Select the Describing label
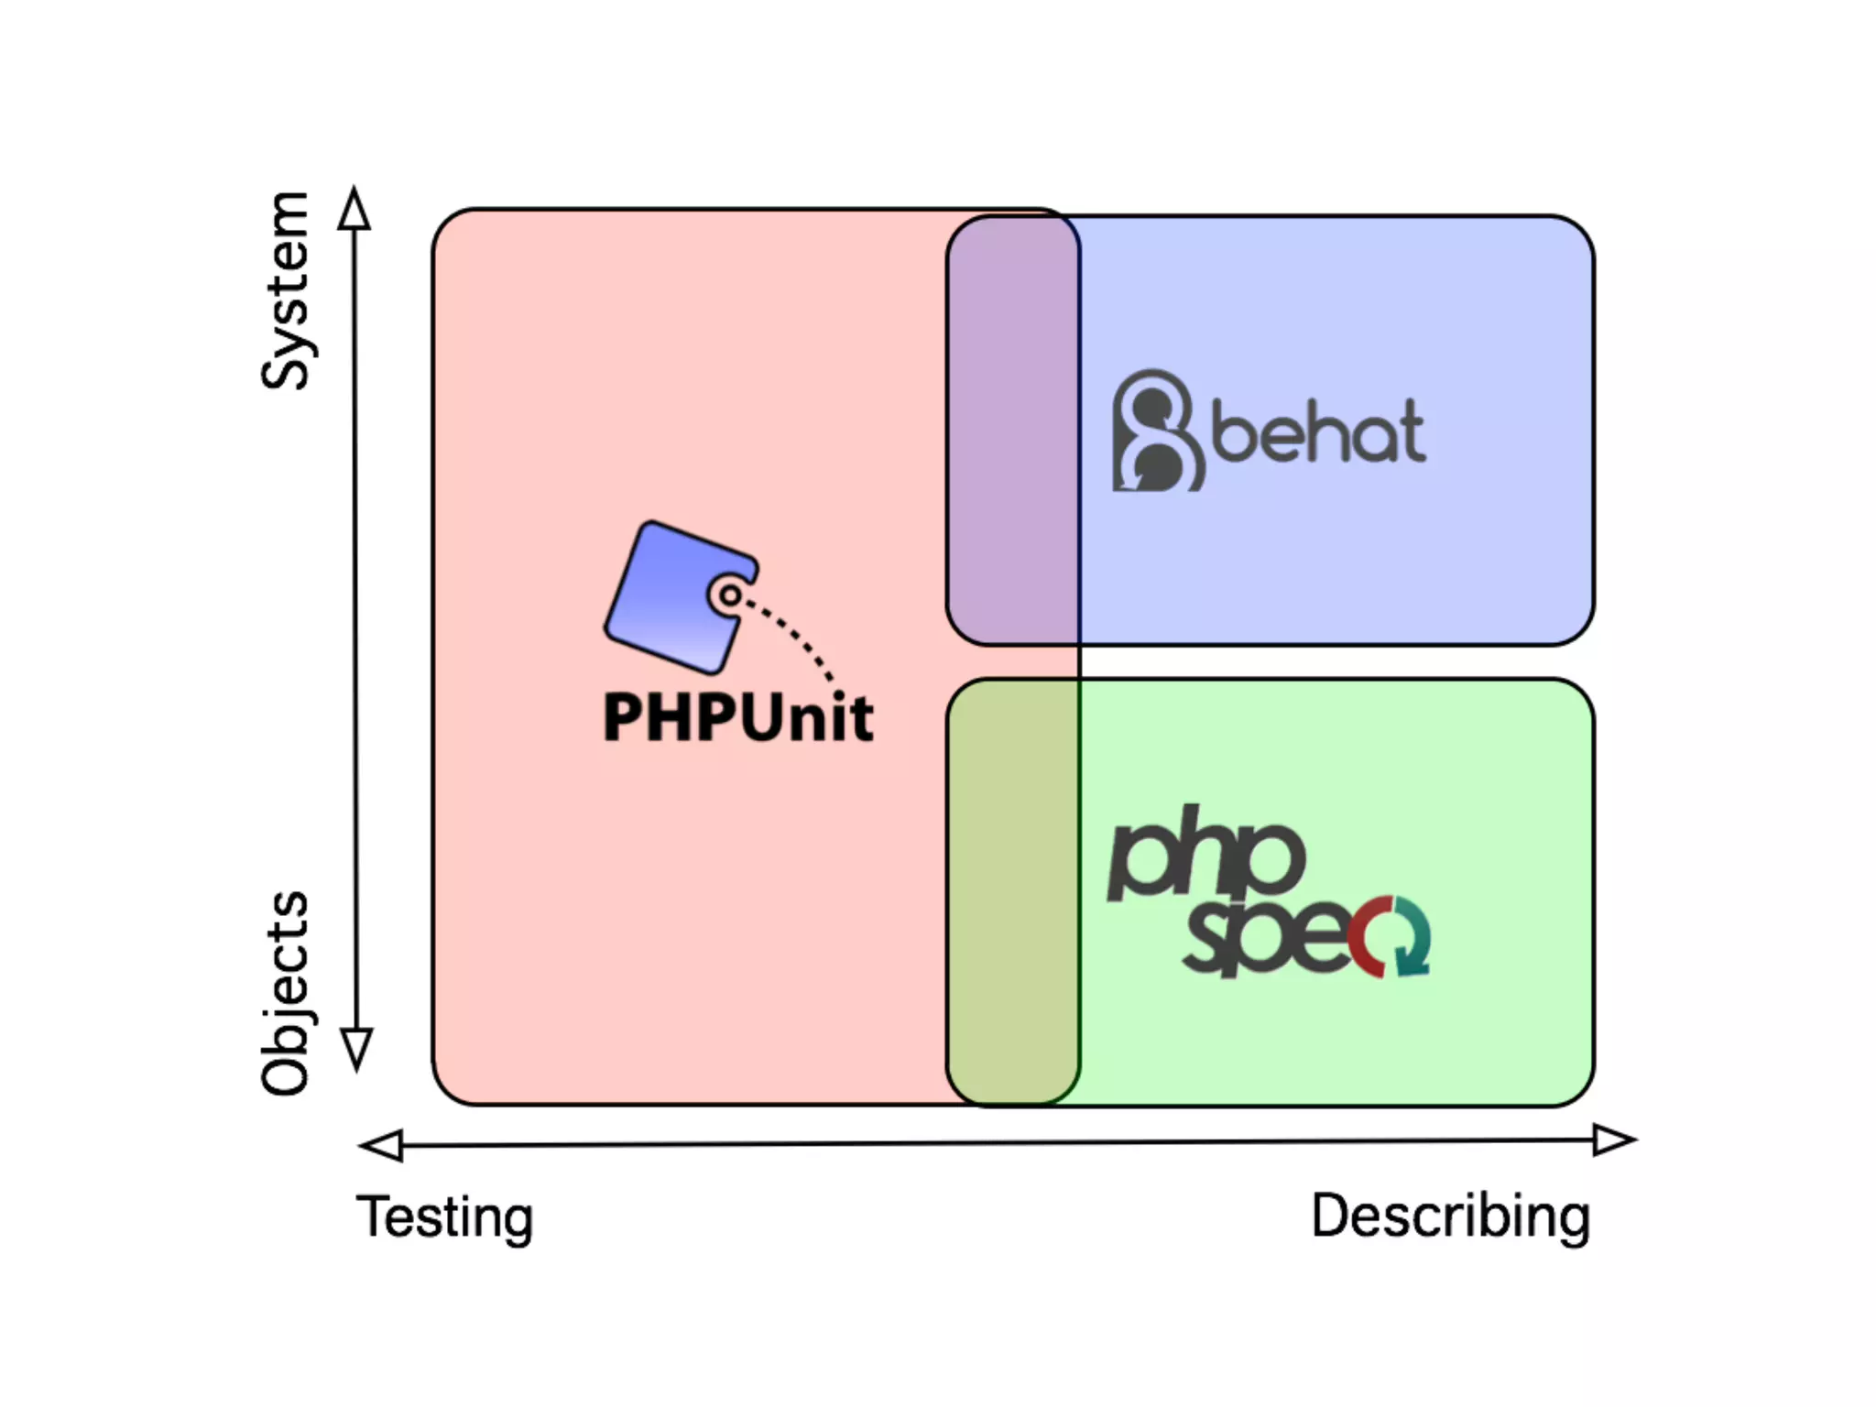pyautogui.click(x=1450, y=1216)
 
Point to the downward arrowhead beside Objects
pyautogui.click(x=356, y=1048)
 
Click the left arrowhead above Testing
pyautogui.click(x=383, y=1145)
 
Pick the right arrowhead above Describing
pyautogui.click(x=1612, y=1140)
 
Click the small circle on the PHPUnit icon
pyautogui.click(x=729, y=595)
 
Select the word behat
pyautogui.click(x=1319, y=432)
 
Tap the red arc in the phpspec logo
pyautogui.click(x=1369, y=936)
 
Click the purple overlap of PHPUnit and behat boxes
pyautogui.click(x=1013, y=431)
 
